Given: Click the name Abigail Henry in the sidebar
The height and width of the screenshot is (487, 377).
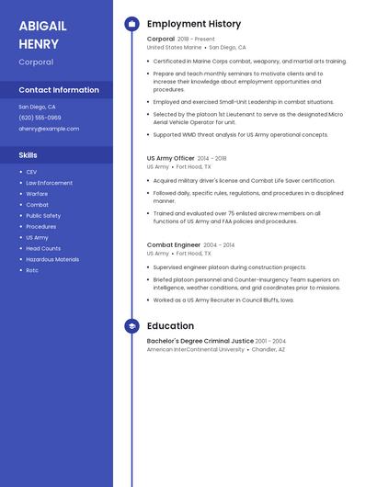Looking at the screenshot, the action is coord(43,34).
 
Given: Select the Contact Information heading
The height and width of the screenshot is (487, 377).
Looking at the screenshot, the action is coord(59,90).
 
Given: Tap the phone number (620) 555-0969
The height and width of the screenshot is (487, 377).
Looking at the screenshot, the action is coord(40,118).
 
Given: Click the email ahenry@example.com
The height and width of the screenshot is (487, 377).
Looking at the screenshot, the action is coord(49,129).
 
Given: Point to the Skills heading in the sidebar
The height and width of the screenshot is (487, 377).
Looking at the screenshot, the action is coord(29,155).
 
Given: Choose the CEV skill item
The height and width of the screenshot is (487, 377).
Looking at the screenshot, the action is coord(31,172).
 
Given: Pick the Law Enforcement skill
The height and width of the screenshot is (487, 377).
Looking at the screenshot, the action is coord(49,183).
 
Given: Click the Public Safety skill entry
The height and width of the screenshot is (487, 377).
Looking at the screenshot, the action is coord(43,216).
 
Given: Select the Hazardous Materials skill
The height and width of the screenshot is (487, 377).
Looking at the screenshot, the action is coord(52,259).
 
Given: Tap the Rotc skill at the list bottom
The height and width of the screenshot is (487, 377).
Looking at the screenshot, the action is coord(32,270).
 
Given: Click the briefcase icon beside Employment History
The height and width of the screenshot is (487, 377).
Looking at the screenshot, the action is coord(131,24).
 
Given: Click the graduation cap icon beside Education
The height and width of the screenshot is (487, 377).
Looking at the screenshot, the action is coord(131,326).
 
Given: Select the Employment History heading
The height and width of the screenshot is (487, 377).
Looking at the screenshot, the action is coord(193,24).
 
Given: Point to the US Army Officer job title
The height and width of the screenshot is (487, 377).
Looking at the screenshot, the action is coord(170,158).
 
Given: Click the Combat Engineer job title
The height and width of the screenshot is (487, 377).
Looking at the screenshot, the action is coord(173,245).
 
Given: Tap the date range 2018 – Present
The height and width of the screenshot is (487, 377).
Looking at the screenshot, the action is coord(196,40).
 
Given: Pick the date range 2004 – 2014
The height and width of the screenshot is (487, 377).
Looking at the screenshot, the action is coord(219,245).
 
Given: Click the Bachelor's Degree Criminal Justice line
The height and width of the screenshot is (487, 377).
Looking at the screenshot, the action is coord(200,341).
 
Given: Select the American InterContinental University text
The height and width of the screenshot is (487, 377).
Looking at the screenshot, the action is coord(195,349).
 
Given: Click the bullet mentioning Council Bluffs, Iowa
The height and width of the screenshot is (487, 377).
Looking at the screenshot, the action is coord(223,300).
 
